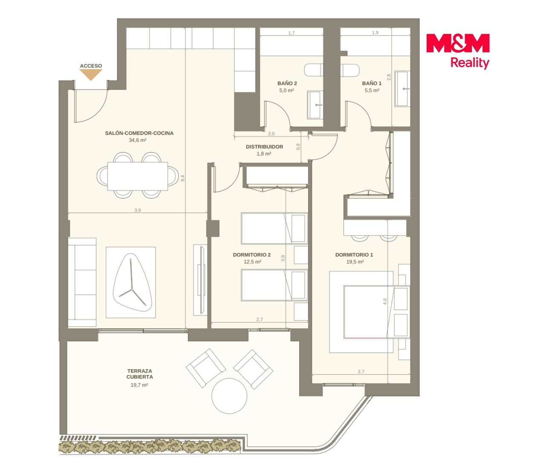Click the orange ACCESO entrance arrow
91,75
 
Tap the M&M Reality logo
458,51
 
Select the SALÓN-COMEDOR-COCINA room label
139,133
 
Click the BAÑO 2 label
287,83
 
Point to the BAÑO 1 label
372,83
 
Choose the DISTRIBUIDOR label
264,147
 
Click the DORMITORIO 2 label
251,255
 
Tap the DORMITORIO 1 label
354,255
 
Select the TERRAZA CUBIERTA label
139,374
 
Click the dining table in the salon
138,176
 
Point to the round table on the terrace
229,396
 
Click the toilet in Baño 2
313,70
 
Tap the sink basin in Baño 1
402,89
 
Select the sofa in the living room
82,283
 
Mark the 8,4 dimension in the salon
182,178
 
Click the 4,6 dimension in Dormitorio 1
385,301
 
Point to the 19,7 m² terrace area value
139,385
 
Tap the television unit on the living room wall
201,280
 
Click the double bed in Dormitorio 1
377,312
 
